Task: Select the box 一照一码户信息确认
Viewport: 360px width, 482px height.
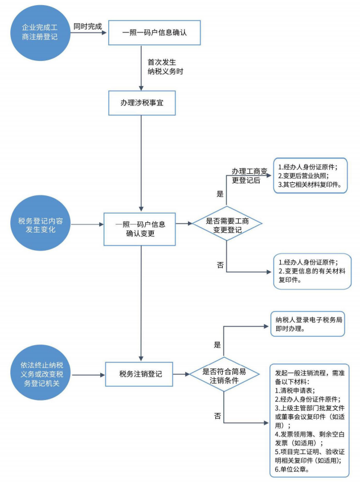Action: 154,32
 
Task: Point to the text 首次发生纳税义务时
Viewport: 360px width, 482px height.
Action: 165,67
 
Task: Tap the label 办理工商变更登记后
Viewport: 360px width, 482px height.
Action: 246,175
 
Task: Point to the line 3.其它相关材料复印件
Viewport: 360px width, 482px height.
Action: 309,185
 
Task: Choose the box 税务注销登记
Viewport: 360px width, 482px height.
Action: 141,374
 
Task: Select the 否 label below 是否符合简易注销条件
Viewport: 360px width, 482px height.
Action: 217,416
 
